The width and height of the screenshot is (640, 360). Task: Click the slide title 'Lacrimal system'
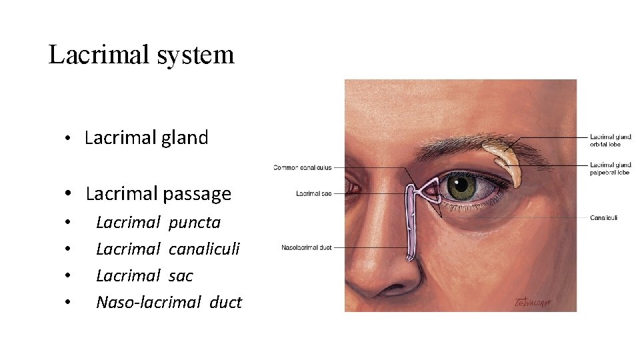point(141,55)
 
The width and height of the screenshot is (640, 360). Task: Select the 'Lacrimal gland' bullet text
point(146,138)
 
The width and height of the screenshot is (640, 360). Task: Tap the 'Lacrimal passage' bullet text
point(158,194)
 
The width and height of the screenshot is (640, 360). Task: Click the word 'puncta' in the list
point(194,222)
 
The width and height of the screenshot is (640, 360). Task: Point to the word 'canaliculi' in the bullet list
point(204,249)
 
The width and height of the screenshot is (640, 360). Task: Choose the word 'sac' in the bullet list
point(181,275)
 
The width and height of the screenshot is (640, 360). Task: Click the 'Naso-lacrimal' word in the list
point(148,302)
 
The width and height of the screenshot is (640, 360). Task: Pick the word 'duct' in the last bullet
point(225,302)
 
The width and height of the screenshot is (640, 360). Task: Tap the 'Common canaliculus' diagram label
point(302,167)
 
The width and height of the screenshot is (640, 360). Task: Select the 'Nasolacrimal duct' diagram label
point(306,248)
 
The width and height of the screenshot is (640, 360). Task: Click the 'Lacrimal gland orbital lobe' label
point(610,141)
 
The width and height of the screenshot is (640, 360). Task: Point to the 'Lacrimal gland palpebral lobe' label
point(610,168)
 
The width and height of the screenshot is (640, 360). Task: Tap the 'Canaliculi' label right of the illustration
point(603,217)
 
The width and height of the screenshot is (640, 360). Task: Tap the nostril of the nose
point(394,289)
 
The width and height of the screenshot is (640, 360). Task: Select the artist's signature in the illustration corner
point(533,303)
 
